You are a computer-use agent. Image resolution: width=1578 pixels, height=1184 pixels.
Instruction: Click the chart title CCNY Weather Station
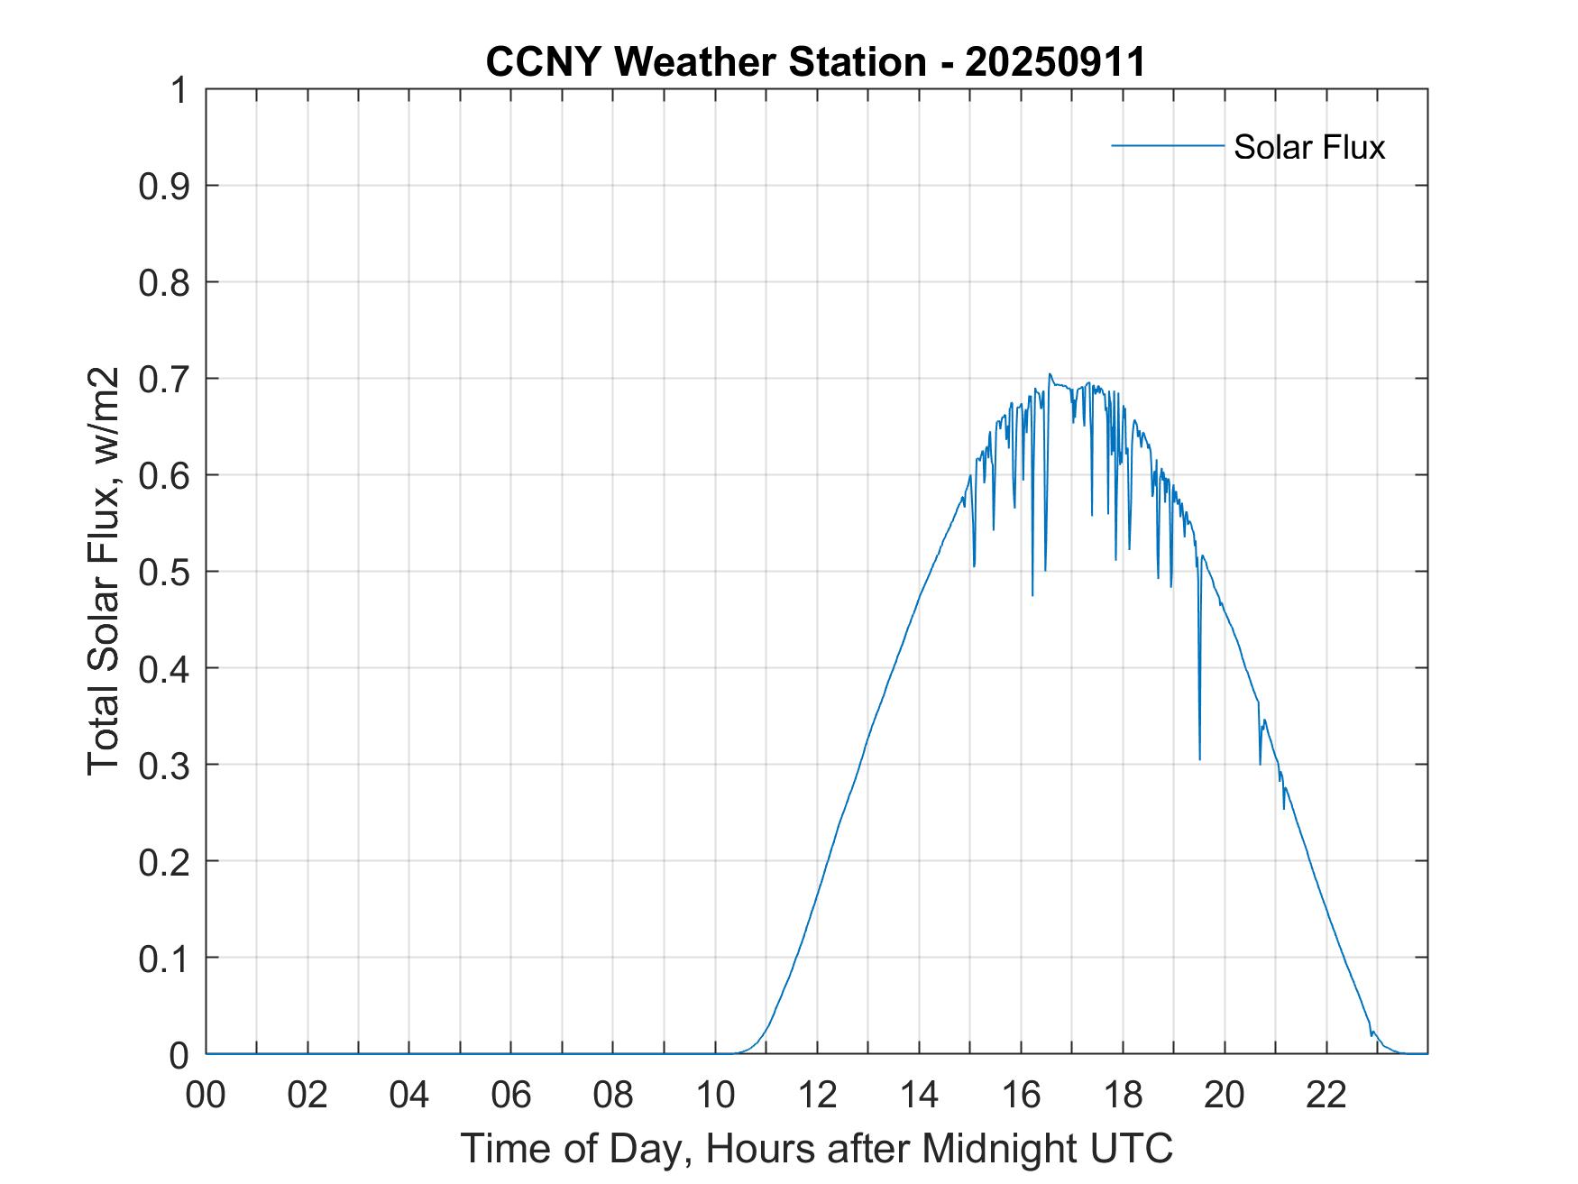(705, 62)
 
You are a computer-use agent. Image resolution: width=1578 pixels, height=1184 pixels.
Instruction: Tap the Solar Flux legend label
(1308, 147)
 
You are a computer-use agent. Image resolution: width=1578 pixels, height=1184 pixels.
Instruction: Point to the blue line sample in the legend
(1167, 145)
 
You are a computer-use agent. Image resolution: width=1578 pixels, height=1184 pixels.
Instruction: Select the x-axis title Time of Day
(816, 1148)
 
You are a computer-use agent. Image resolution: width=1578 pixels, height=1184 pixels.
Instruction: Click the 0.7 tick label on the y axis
(163, 379)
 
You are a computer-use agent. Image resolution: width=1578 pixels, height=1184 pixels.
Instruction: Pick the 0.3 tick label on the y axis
(163, 765)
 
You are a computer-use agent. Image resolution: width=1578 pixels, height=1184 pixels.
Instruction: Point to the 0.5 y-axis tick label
(163, 572)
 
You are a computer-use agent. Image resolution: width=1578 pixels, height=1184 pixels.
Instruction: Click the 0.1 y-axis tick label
(163, 958)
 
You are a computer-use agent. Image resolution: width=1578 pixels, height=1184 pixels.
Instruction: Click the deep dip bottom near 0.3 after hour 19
(1199, 758)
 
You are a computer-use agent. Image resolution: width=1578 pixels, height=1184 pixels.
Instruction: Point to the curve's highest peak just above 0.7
(1050, 374)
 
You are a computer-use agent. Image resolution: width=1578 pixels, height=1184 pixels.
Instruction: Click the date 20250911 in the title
(1055, 62)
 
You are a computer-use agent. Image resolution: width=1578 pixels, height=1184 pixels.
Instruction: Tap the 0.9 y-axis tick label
(163, 186)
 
